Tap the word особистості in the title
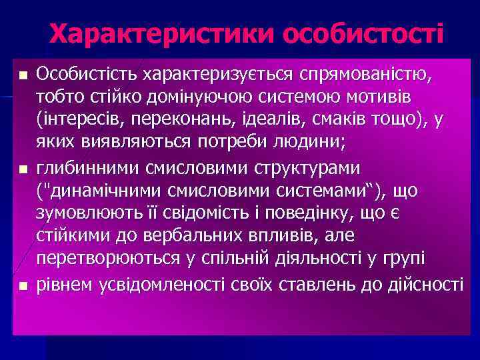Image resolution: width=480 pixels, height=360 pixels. (x=363, y=33)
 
